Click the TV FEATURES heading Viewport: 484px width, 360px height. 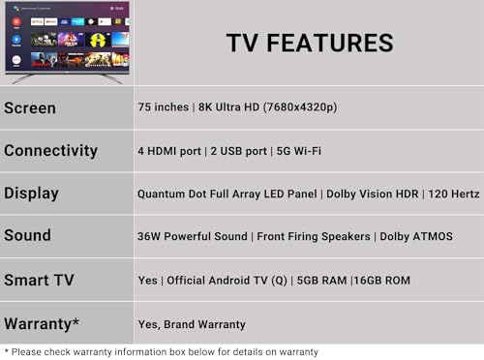(x=310, y=44)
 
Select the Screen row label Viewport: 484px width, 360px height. (x=30, y=108)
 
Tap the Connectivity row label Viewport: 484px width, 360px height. (x=50, y=151)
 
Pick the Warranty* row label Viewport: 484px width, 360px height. (x=43, y=323)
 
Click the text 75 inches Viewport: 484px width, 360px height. (x=162, y=108)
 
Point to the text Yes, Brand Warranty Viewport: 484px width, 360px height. (x=192, y=324)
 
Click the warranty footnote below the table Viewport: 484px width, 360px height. (x=161, y=351)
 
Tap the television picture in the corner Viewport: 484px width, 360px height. (x=67, y=41)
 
